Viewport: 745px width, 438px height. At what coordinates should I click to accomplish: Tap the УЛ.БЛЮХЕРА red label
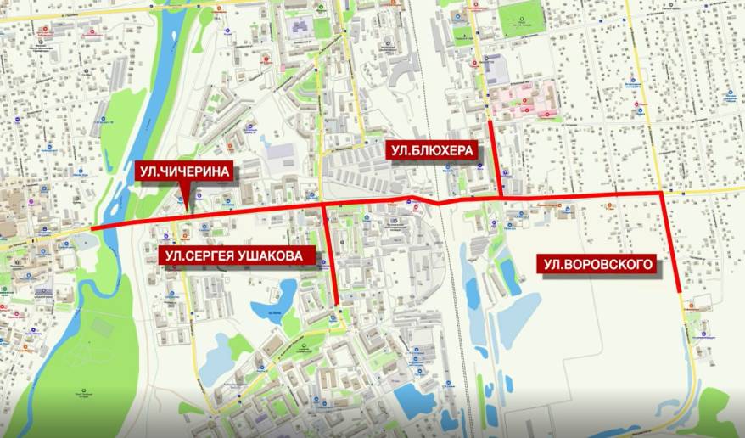point(432,151)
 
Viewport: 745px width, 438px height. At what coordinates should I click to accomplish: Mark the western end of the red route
point(92,229)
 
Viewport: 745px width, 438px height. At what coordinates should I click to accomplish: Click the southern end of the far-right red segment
point(680,291)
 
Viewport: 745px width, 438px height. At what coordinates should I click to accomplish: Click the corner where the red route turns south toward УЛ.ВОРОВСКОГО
point(663,194)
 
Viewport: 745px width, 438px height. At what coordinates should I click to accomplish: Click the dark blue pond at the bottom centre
point(414,400)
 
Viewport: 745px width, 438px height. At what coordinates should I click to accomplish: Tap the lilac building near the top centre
point(300,27)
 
